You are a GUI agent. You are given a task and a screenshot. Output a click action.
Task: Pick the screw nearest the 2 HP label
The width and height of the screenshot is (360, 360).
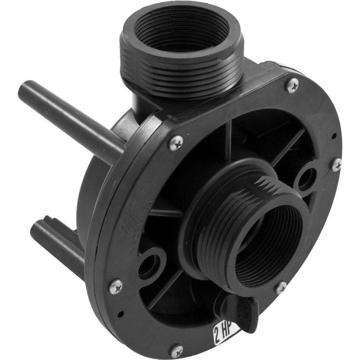[176, 351]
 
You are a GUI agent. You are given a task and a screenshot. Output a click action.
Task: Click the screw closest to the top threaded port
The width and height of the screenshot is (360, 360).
[292, 85]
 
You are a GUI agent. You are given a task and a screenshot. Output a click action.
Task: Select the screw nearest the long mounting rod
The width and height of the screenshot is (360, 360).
[176, 143]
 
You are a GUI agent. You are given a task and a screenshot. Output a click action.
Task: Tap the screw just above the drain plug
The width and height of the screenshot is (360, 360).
[281, 288]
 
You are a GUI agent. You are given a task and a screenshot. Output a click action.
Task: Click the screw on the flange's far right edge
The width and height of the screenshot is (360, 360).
[336, 164]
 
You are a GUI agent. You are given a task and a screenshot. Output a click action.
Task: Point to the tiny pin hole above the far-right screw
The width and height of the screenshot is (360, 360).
[333, 135]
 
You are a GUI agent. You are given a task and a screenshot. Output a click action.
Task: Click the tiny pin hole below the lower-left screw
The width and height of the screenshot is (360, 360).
[120, 314]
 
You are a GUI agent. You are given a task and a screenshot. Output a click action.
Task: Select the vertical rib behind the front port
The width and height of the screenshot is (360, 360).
[229, 140]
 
